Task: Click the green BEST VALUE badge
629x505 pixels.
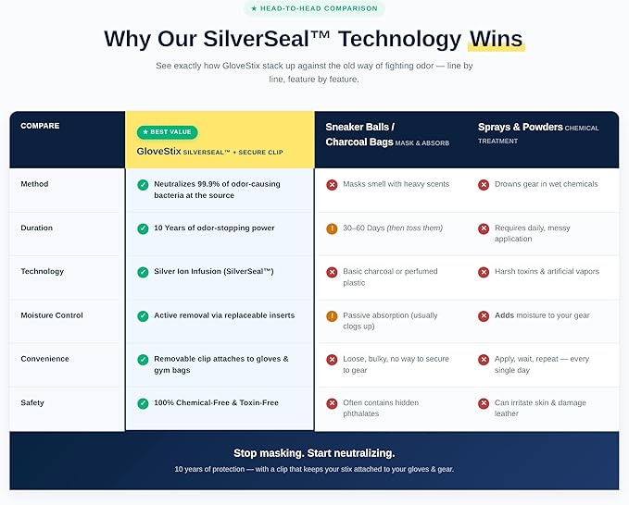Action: (x=168, y=132)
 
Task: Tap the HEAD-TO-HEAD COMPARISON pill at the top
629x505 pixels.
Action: (x=314, y=8)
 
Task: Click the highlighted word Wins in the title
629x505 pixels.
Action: (x=497, y=39)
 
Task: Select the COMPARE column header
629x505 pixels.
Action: (x=40, y=126)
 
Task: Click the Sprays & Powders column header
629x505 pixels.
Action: (x=521, y=127)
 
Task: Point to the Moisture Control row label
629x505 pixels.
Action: (x=52, y=315)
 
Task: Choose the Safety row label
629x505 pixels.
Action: (x=32, y=402)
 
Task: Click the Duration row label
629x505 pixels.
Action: (x=36, y=228)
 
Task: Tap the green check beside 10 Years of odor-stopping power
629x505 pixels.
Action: (x=143, y=228)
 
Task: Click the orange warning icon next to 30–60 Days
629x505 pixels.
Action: (x=332, y=228)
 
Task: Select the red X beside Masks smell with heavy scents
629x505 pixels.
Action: (x=332, y=185)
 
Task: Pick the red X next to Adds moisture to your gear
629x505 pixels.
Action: (x=484, y=316)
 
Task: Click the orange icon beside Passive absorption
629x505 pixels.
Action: (x=332, y=316)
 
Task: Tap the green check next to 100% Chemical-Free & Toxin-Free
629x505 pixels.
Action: (x=143, y=403)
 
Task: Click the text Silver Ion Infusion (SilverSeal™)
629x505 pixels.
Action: (x=214, y=271)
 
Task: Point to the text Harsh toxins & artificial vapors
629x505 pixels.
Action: (x=547, y=271)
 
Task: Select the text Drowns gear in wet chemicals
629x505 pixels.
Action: (x=546, y=184)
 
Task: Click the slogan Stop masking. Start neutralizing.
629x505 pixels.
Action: (x=314, y=453)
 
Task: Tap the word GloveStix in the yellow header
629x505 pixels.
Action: (x=158, y=151)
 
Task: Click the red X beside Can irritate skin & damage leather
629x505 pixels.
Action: (x=484, y=403)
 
